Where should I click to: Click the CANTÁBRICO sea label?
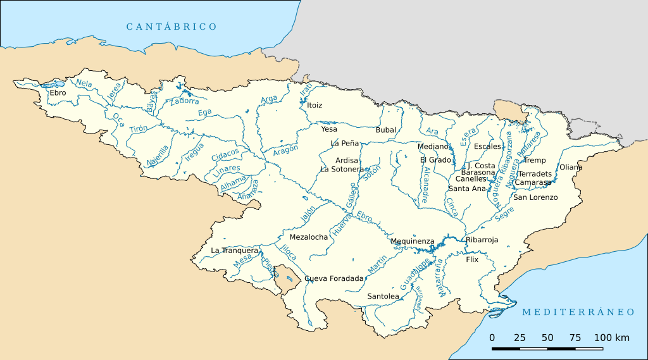(x=171, y=27)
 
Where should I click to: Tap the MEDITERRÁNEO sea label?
(x=578, y=312)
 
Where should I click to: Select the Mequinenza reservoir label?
(x=413, y=241)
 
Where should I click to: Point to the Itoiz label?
(x=315, y=105)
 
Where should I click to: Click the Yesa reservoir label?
(x=329, y=129)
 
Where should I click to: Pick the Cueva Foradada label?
(x=334, y=278)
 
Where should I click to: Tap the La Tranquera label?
(x=235, y=251)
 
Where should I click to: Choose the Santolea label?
(x=383, y=296)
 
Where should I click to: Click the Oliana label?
(x=571, y=167)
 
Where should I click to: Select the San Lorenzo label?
(x=535, y=197)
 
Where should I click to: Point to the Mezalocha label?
(x=309, y=237)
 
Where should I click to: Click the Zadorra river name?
(x=184, y=101)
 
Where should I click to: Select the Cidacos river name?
(x=226, y=154)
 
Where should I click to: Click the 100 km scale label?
(x=611, y=338)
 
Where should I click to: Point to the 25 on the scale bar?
(x=520, y=338)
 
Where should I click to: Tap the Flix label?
(x=472, y=259)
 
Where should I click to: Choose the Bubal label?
(x=385, y=130)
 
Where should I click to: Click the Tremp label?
(x=535, y=160)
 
